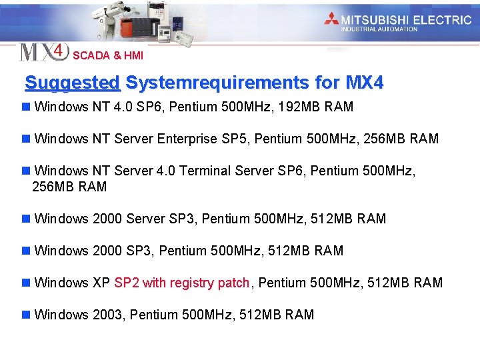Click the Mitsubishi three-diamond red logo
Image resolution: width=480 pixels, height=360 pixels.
pyautogui.click(x=331, y=19)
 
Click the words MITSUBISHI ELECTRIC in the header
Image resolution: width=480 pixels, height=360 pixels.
pyautogui.click(x=406, y=19)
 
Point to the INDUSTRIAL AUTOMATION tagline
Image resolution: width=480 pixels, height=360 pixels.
pyautogui.click(x=379, y=29)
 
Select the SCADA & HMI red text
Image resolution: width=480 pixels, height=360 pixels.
pyautogui.click(x=107, y=56)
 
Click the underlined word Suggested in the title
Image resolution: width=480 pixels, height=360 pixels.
pyautogui.click(x=72, y=83)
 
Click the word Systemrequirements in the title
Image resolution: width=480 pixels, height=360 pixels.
pyautogui.click(x=217, y=83)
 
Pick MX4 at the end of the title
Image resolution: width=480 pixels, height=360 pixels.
pyautogui.click(x=365, y=83)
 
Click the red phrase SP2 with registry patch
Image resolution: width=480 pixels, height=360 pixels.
pyautogui.click(x=182, y=283)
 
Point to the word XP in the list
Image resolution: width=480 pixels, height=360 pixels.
pyautogui.click(x=101, y=283)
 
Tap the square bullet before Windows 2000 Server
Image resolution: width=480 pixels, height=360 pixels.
pyautogui.click(x=25, y=219)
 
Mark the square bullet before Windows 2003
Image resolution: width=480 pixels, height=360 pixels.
pyautogui.click(x=25, y=315)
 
